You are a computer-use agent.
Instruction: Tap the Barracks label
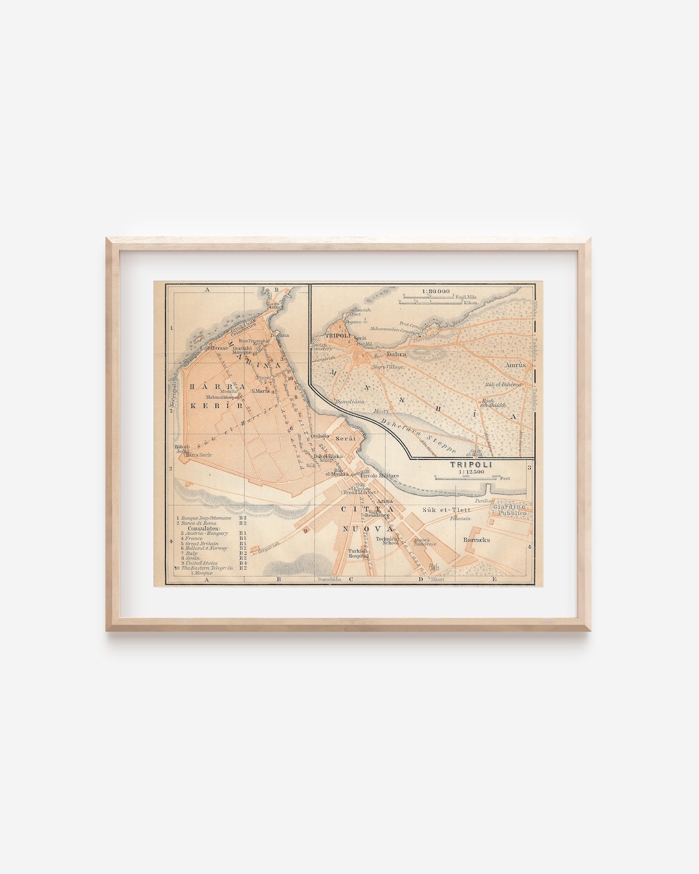point(476,539)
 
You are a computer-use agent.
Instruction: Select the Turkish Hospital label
point(358,554)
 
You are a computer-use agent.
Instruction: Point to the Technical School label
point(390,541)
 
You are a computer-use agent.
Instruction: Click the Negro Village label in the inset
point(389,367)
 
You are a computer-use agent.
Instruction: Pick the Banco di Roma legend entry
point(200,523)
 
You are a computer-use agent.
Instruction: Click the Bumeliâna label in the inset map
point(349,401)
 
